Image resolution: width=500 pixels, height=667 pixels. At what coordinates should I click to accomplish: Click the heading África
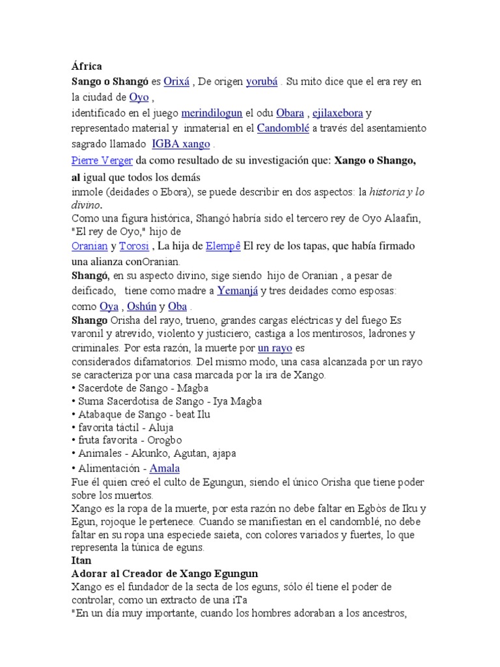86,66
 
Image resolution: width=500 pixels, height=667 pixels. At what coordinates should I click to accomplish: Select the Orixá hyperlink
176,82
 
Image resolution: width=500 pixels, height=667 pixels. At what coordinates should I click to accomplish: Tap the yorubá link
262,82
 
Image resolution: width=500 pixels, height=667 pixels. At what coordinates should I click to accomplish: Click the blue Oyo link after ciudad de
139,98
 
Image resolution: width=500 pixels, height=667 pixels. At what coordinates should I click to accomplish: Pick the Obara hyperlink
290,113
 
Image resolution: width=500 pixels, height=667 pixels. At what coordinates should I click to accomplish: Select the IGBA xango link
181,144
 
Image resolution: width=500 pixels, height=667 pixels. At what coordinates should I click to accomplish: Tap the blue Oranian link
89,246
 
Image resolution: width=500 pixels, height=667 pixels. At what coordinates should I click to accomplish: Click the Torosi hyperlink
134,246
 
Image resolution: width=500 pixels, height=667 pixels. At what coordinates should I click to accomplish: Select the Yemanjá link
238,291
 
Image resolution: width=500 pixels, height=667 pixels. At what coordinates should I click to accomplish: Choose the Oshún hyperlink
141,306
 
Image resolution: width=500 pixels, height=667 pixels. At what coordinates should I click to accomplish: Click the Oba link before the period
177,306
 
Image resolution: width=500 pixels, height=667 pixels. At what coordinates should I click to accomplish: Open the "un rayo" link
275,348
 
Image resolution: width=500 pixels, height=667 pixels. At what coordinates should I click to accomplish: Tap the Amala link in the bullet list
165,468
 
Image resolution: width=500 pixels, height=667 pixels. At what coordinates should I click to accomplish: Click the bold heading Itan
81,560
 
